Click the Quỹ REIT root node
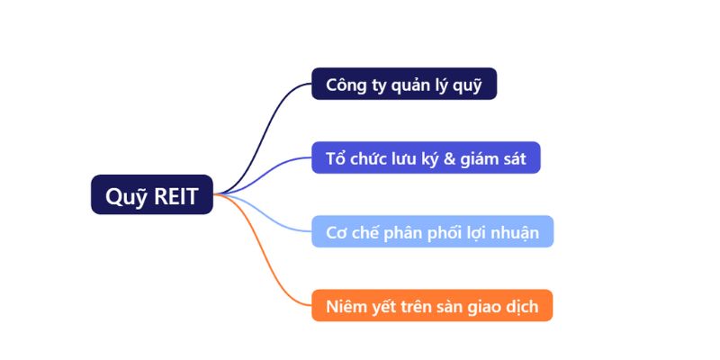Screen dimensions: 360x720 pyautogui.click(x=151, y=194)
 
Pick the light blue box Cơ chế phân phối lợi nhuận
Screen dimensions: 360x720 pyautogui.click(x=432, y=231)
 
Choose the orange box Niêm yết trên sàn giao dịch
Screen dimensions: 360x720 pyautogui.click(x=432, y=306)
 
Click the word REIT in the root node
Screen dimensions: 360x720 pyautogui.click(x=175, y=195)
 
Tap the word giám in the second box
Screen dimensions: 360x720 pyautogui.click(x=484, y=158)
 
